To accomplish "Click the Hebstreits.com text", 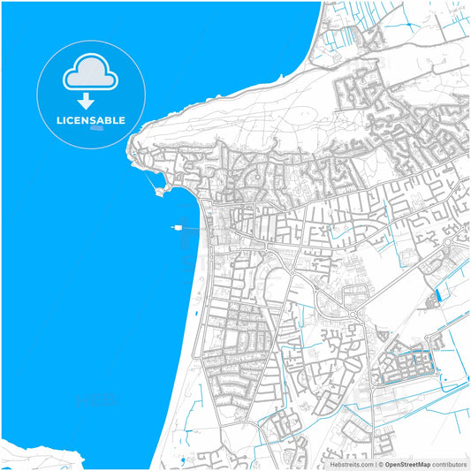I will (x=348, y=464).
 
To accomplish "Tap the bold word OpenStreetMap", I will (x=407, y=464).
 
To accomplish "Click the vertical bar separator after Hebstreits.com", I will (x=373, y=464).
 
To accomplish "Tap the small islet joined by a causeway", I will (x=159, y=191).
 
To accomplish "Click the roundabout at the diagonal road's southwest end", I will (x=353, y=315).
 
